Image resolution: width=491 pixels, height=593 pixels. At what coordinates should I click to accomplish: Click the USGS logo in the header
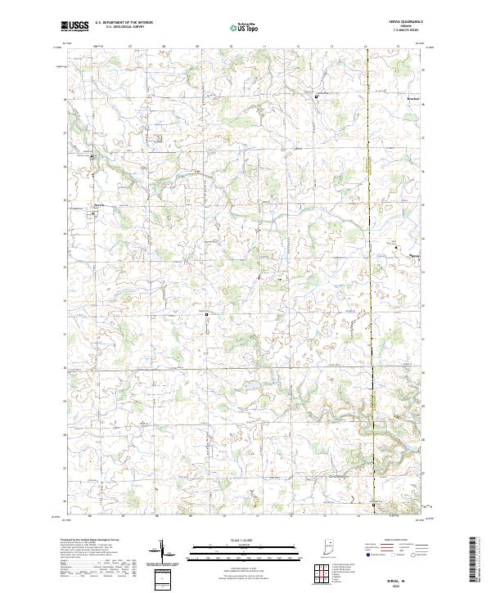click(x=74, y=26)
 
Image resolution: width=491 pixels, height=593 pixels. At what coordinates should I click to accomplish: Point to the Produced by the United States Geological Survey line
click(x=85, y=541)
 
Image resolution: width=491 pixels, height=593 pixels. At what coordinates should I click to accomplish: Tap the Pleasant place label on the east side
click(x=417, y=254)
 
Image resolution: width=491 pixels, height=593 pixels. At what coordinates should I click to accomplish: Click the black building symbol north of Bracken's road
click(x=317, y=97)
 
